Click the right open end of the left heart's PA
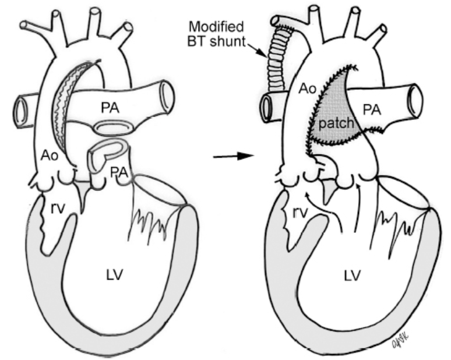pos(165,92)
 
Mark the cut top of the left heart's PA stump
pos(105,147)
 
